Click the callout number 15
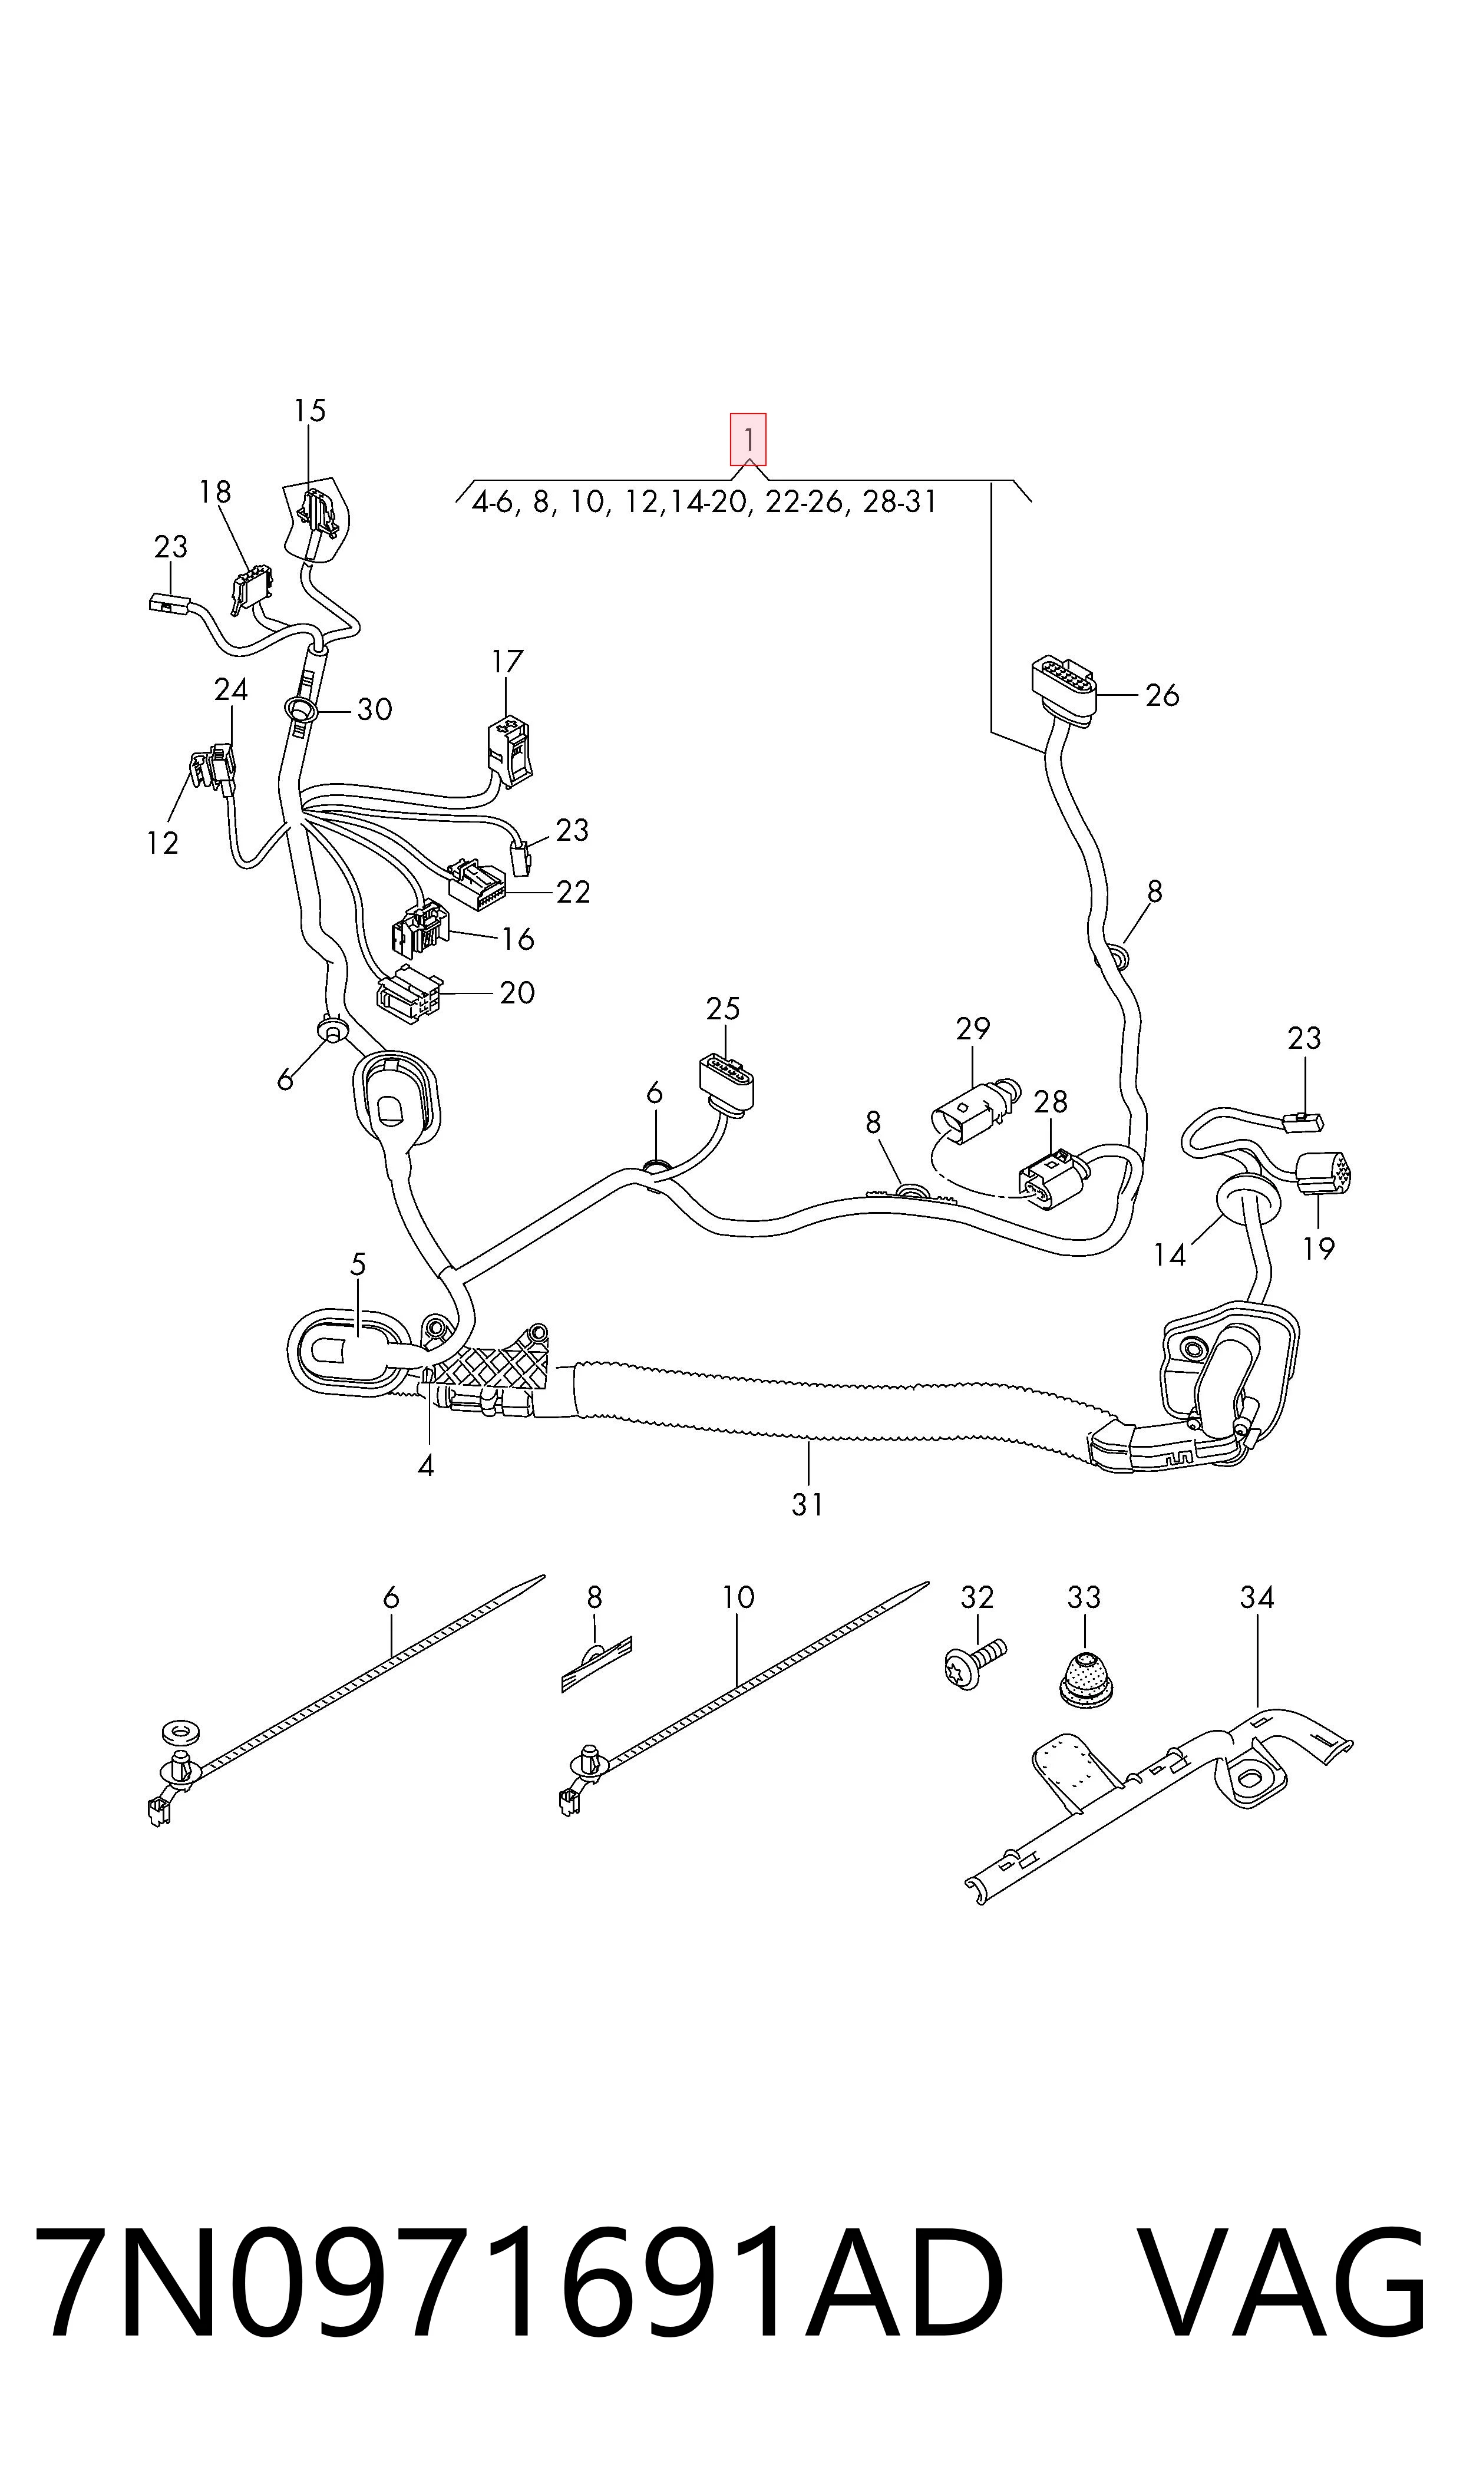[x=309, y=410]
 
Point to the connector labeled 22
[x=477, y=884]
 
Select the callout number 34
[x=1257, y=1598]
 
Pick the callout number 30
[x=375, y=709]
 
